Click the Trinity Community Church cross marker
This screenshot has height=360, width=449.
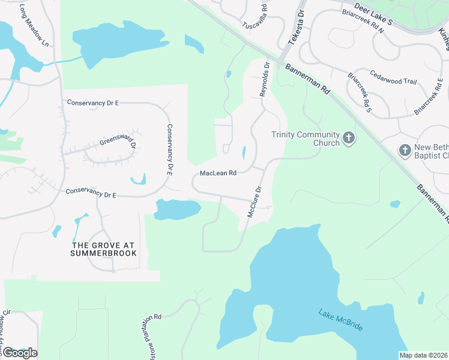pos(349,139)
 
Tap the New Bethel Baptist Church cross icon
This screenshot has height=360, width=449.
pos(406,150)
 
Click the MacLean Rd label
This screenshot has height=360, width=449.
pos(218,173)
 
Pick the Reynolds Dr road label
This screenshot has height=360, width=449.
pos(264,81)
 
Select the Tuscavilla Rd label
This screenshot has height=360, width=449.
pos(259,16)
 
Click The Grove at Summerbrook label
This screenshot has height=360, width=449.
pos(104,249)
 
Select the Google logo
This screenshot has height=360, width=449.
pos(19,353)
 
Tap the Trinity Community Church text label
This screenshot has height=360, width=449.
pos(305,139)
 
